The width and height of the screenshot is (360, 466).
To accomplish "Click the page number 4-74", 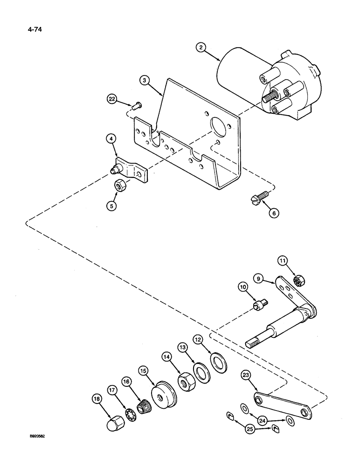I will point(29,32).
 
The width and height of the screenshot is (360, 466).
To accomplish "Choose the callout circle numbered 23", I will point(247,375).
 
